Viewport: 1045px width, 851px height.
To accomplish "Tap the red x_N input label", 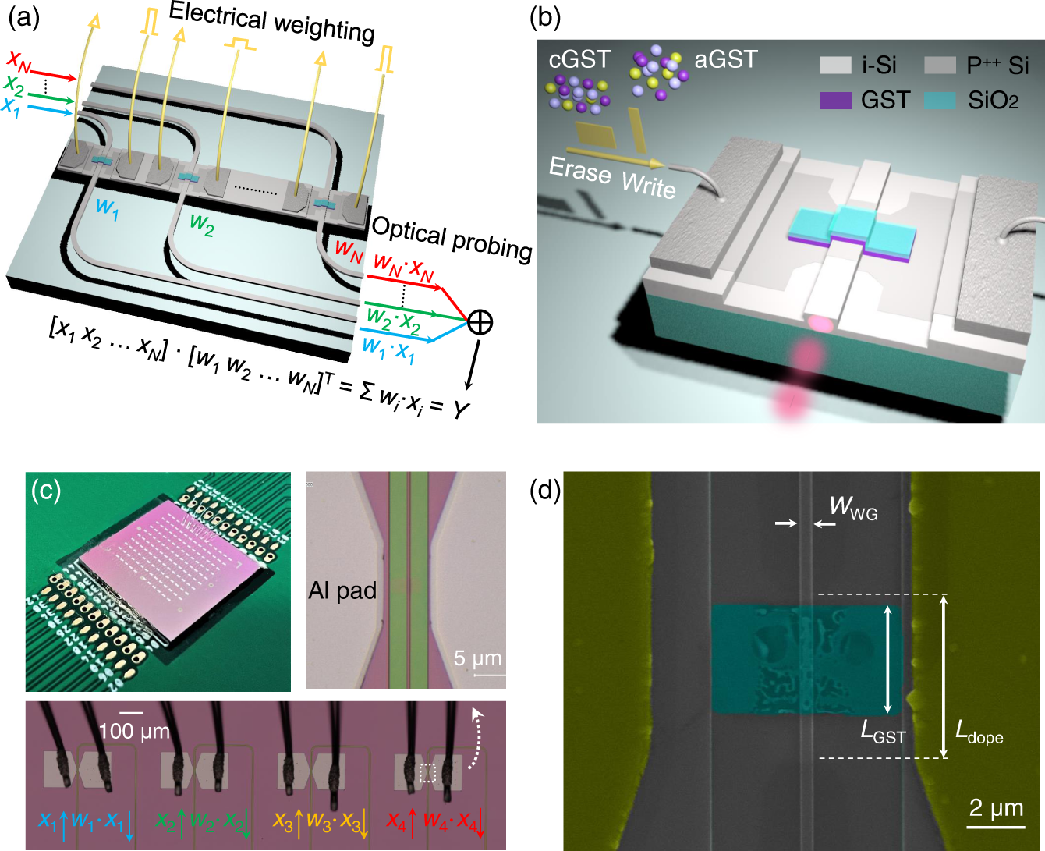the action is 18,60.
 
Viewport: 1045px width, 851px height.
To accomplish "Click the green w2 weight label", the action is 201,225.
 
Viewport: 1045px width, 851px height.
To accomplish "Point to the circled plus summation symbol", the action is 480,321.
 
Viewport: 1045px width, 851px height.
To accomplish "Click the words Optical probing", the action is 451,238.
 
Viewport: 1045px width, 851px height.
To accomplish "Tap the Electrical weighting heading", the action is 271,22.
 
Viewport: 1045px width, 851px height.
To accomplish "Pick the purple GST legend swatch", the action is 835,100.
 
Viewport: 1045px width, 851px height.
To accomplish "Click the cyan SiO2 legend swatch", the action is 940,100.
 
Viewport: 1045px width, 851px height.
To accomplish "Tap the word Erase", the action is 579,169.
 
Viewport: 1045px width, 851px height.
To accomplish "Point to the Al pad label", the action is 342,590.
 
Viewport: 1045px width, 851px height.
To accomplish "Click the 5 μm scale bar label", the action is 477,658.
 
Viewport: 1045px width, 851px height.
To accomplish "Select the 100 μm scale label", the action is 133,730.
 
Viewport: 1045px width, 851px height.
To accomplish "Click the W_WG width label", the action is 853,508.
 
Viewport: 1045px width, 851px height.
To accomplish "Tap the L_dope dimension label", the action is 979,732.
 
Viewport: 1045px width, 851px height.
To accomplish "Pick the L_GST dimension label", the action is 883,731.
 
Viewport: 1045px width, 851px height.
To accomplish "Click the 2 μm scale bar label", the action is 996,807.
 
